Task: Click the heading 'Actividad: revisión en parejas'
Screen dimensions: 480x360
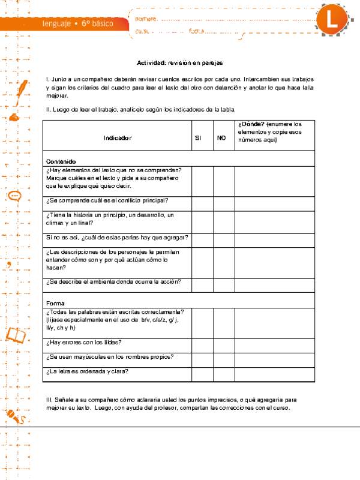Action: point(180,62)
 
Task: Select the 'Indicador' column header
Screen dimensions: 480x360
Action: point(117,138)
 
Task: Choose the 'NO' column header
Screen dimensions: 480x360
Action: point(221,138)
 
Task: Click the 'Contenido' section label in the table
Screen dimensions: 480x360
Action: point(61,161)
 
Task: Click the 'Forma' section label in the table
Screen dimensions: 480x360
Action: point(55,302)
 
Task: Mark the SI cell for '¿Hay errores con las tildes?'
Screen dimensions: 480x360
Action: point(202,343)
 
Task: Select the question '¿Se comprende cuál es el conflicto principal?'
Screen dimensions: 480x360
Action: point(107,200)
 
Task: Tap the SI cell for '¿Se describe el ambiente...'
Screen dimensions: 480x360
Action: point(202,282)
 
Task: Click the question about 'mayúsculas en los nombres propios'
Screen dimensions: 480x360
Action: point(110,357)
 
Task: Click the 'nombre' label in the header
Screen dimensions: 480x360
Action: point(147,19)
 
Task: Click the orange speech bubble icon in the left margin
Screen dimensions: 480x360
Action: point(15,196)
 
